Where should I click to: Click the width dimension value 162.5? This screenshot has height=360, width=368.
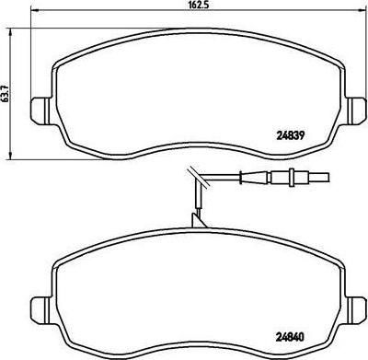pos(200,6)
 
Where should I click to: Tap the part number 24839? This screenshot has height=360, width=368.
pos(290,134)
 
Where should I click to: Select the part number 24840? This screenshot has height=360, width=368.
pos(290,337)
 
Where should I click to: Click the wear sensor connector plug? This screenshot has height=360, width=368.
pos(299,178)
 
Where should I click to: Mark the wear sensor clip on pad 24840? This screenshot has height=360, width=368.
pos(198,221)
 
